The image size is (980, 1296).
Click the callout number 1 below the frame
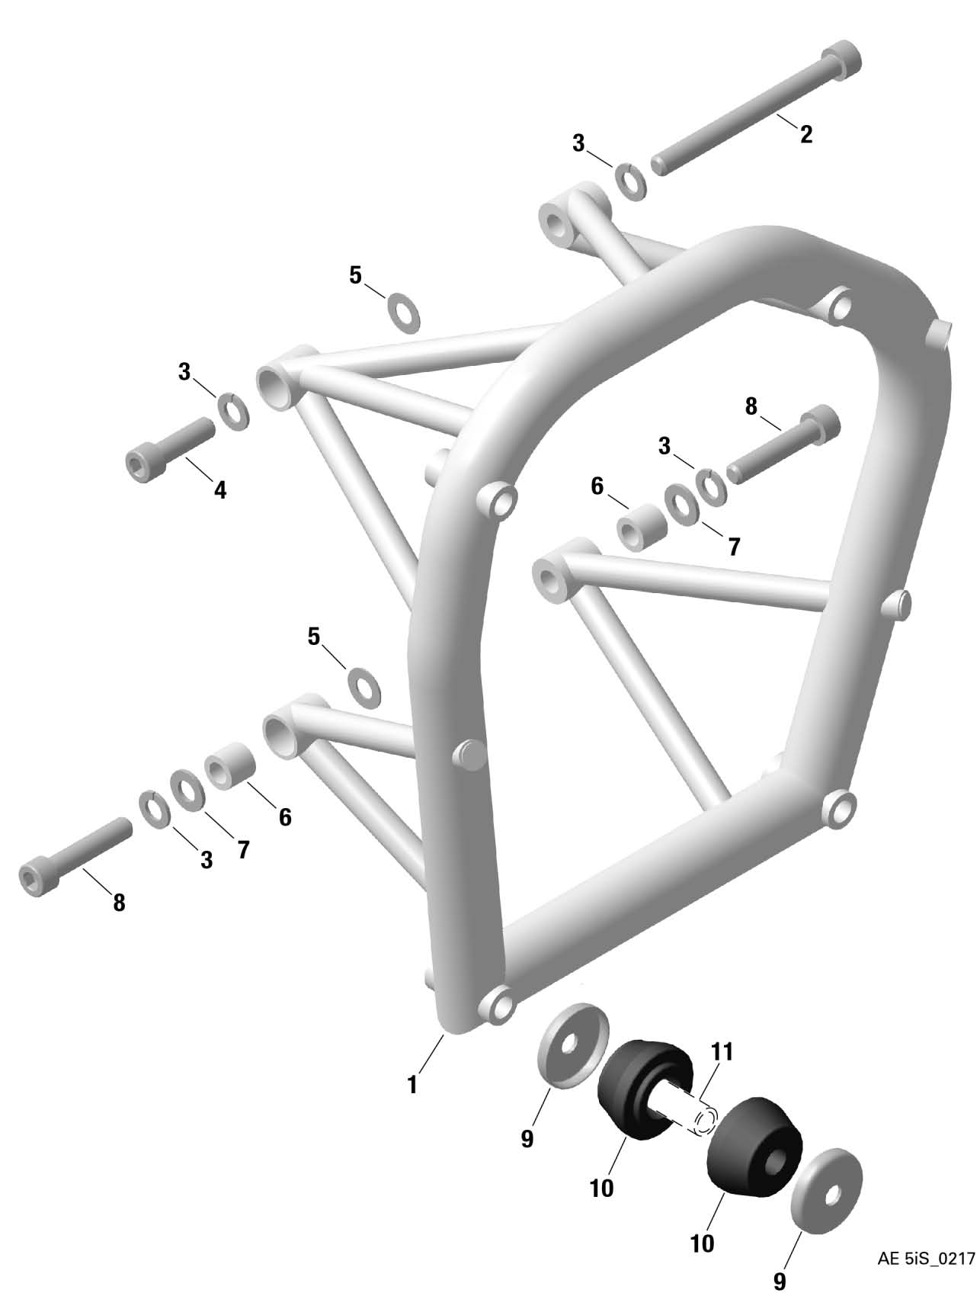click(412, 1084)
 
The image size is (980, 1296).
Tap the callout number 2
click(805, 134)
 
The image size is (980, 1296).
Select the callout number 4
click(220, 489)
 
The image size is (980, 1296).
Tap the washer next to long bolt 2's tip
click(631, 181)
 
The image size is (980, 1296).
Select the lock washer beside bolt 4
click(235, 411)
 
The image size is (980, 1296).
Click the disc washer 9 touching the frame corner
click(572, 1044)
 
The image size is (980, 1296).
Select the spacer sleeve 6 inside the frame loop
click(642, 526)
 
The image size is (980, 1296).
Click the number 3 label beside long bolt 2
click(580, 143)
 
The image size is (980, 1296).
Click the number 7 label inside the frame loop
click(734, 547)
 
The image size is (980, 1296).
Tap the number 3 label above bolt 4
click(184, 372)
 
